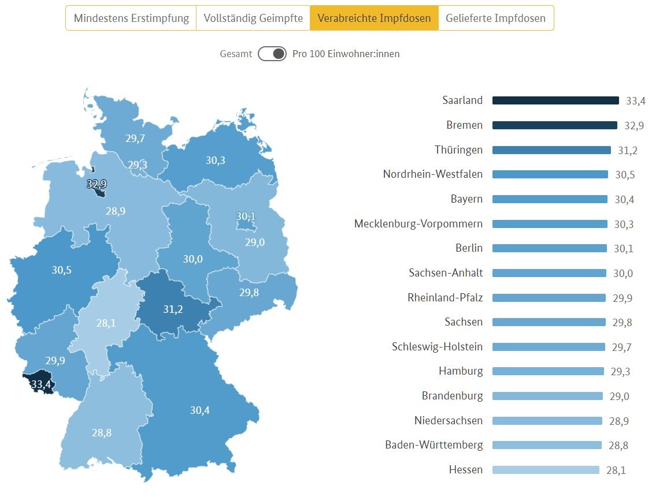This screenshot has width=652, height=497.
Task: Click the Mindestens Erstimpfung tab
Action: [131, 18]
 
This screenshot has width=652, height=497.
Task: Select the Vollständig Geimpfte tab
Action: [253, 18]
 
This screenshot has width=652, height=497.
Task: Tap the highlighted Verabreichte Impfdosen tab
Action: [374, 18]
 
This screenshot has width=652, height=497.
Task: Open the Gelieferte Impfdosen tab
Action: [495, 18]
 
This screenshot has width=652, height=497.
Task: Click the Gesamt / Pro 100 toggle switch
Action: [272, 54]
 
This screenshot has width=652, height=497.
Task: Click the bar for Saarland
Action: [555, 100]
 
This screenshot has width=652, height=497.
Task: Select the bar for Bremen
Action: [554, 125]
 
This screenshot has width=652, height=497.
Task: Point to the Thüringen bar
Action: [551, 150]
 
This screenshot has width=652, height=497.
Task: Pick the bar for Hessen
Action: [545, 470]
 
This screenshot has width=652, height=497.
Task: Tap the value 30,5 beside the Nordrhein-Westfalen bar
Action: [624, 175]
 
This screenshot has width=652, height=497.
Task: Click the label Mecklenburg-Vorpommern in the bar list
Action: [418, 223]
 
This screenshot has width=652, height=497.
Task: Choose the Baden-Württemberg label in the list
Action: [434, 445]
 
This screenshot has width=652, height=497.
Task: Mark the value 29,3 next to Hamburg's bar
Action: [621, 372]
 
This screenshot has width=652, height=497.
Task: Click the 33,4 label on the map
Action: [41, 384]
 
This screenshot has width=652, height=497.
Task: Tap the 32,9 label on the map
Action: [97, 184]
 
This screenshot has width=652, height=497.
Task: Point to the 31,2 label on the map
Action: [173, 309]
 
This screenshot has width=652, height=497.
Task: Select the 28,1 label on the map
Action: [106, 323]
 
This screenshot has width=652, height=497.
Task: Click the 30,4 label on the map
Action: [200, 410]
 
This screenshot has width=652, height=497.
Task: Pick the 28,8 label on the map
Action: [101, 432]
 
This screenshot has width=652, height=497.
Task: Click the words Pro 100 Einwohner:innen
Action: [346, 54]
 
